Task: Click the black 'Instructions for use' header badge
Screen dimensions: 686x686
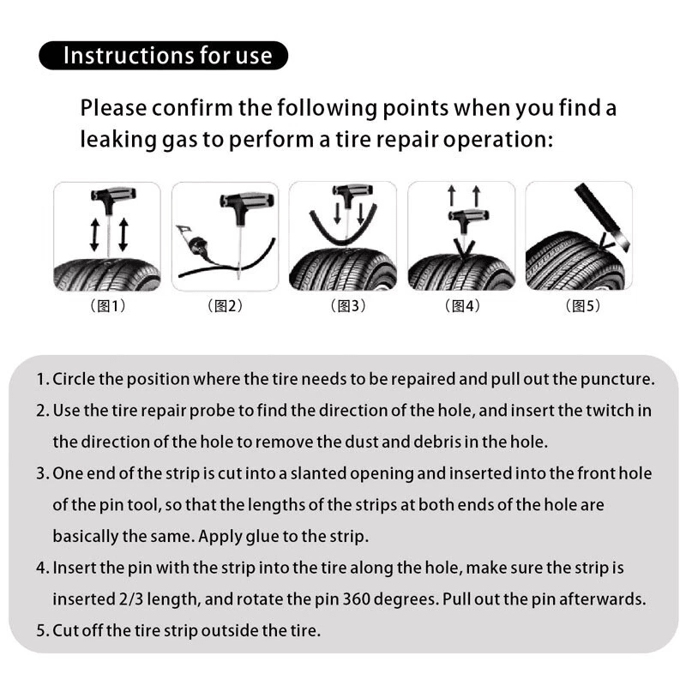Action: point(163,56)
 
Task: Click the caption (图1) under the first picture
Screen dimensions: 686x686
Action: point(107,306)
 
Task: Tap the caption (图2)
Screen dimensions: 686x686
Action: point(226,306)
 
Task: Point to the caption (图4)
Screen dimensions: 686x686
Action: point(462,306)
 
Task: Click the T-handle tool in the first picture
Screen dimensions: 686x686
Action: point(107,203)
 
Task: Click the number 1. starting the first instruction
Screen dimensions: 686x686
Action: point(42,379)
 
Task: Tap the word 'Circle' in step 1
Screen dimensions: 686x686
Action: point(71,379)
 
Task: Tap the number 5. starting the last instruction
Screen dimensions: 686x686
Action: point(42,631)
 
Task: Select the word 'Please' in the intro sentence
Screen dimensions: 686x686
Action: point(111,109)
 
